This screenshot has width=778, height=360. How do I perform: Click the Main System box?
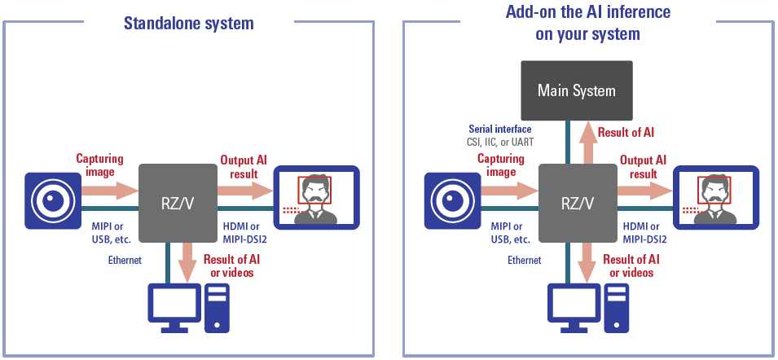point(576,90)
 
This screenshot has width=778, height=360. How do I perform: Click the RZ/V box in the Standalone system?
point(176,201)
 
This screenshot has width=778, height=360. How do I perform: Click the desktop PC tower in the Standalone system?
point(217,308)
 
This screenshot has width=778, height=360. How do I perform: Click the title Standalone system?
point(189,23)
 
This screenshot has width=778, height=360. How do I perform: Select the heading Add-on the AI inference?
point(587,13)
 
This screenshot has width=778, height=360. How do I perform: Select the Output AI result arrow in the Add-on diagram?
point(644,191)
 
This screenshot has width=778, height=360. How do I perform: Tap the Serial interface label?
point(500,130)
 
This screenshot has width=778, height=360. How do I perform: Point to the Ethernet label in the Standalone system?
point(125,261)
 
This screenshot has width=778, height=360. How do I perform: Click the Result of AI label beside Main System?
point(626,132)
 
